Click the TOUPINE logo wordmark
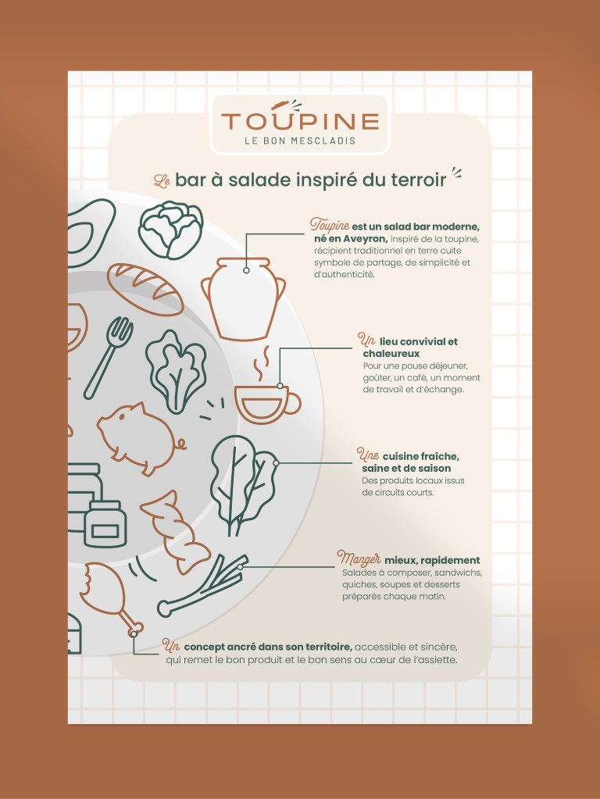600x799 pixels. click(x=300, y=121)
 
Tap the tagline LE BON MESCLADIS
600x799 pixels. click(x=300, y=141)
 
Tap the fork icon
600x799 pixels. click(x=109, y=358)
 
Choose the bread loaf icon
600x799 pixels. click(x=145, y=290)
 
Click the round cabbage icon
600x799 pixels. click(x=171, y=230)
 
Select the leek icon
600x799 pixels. click(x=202, y=587)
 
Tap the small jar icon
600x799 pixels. click(x=105, y=524)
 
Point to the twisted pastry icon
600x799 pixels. click(x=174, y=533)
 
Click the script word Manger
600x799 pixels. click(x=359, y=559)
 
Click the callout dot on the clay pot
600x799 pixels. click(x=246, y=270)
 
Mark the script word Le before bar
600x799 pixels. click(x=162, y=181)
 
